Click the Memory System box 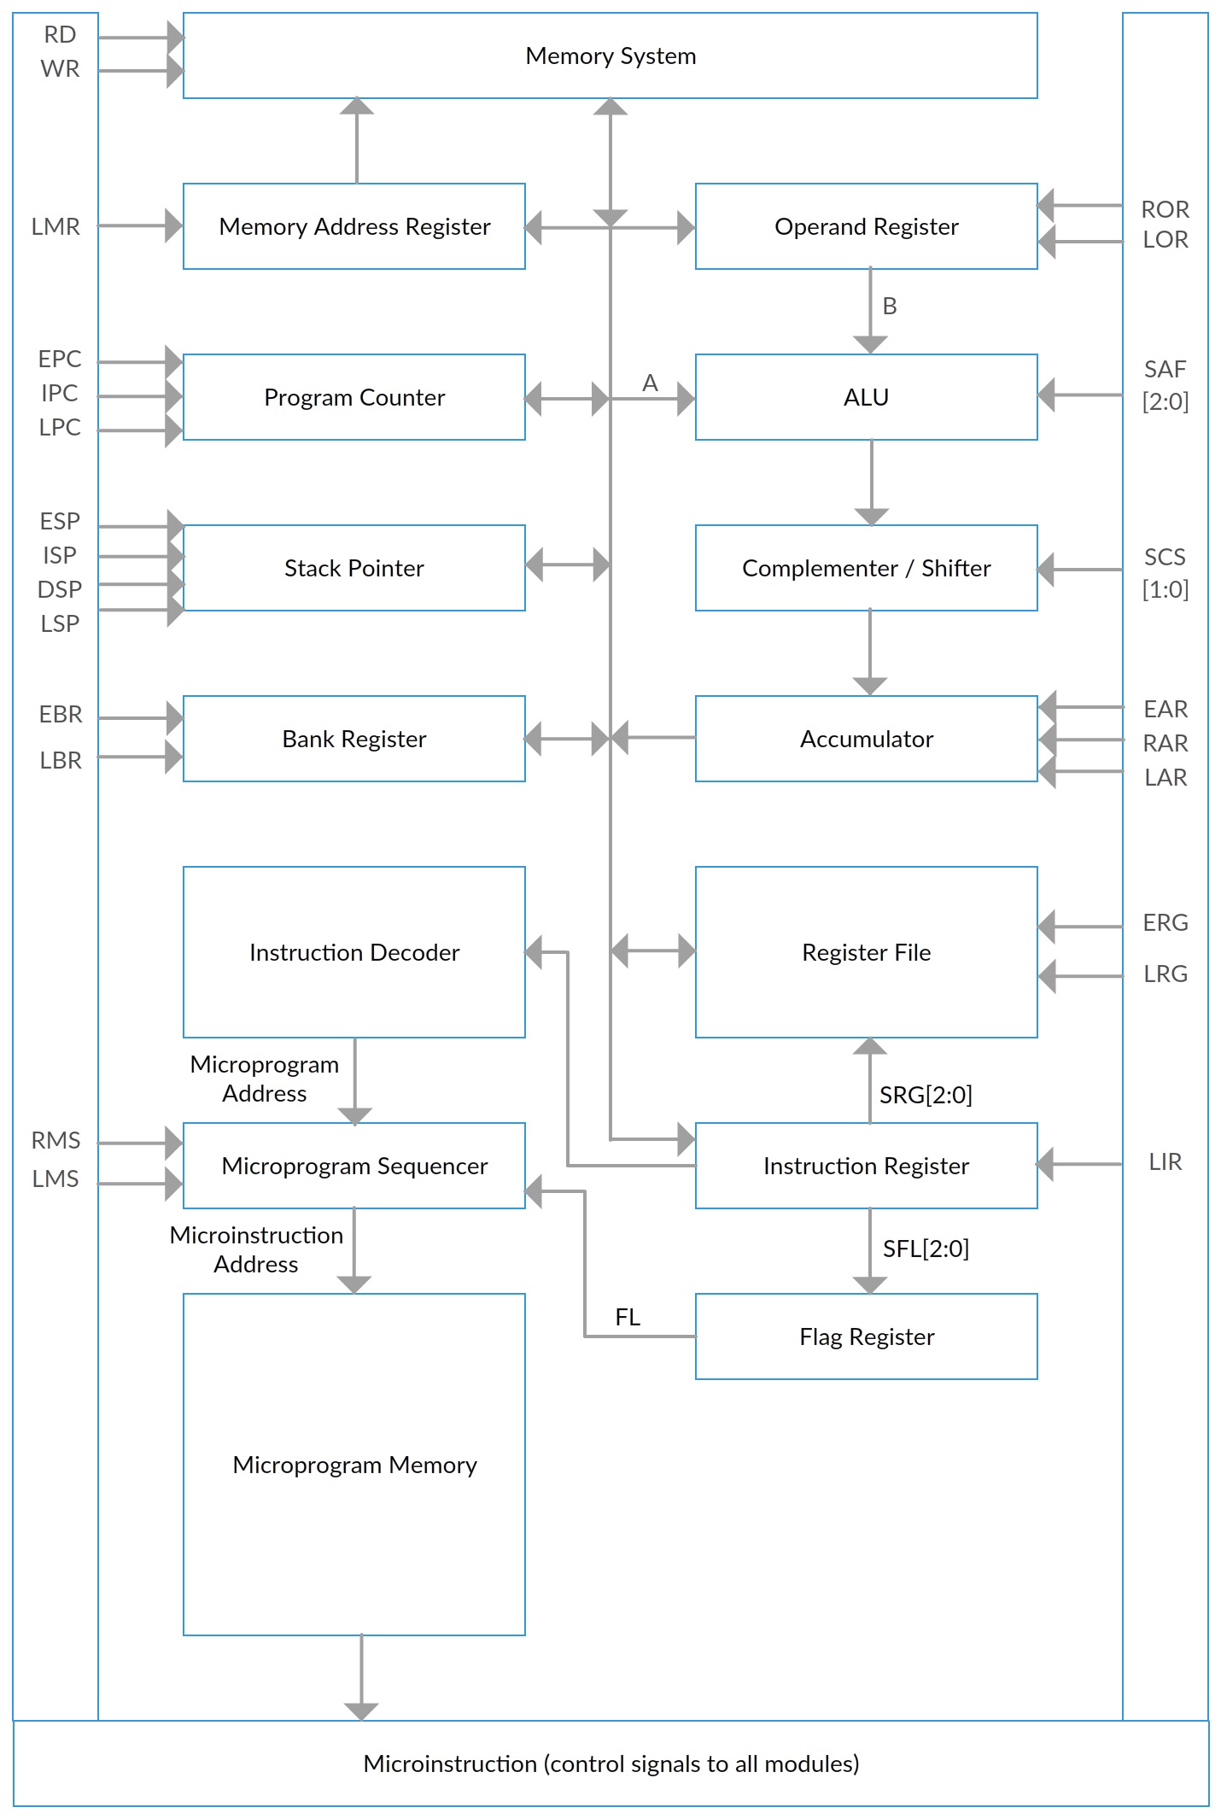[x=610, y=56]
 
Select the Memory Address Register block [x=354, y=226]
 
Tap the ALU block [x=867, y=397]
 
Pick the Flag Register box [x=867, y=1336]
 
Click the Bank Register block [x=354, y=739]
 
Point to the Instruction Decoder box [x=354, y=952]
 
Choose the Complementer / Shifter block [x=867, y=568]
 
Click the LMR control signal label [x=55, y=226]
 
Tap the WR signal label [x=60, y=68]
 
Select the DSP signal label [x=60, y=589]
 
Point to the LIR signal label [x=1165, y=1161]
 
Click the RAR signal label [x=1165, y=743]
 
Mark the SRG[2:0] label [x=926, y=1095]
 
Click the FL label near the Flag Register [x=628, y=1317]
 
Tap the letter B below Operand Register [x=890, y=306]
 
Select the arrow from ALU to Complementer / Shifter [x=871, y=483]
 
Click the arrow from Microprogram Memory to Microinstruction [x=361, y=1677]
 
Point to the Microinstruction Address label [x=256, y=1249]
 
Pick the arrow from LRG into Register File [x=1080, y=975]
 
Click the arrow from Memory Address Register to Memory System [x=357, y=140]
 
